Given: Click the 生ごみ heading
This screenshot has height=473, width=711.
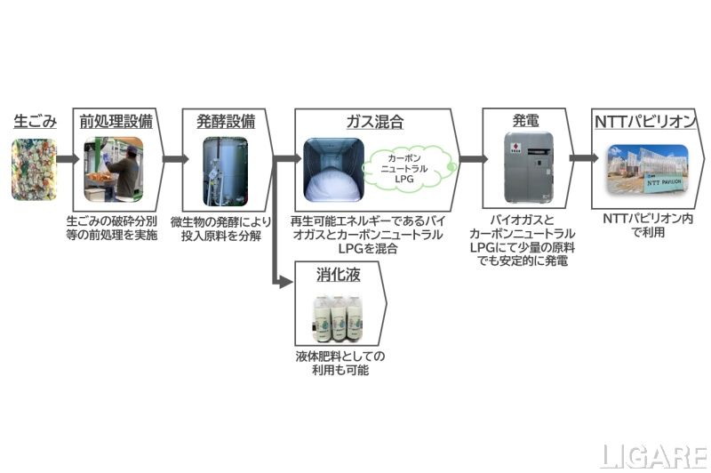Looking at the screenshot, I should click(x=35, y=122).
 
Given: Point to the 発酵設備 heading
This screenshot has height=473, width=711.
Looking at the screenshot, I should click(x=226, y=121).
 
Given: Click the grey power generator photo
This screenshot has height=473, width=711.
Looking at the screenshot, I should click(x=524, y=170).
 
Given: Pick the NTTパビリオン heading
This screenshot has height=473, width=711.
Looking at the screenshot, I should click(x=645, y=121).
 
